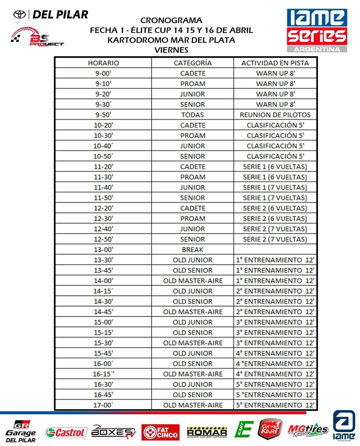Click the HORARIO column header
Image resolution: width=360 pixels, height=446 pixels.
point(103,63)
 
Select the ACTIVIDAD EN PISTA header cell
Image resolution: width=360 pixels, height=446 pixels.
point(275,63)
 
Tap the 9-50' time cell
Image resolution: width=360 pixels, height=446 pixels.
point(103,115)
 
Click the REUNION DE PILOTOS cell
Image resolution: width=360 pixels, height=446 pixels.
point(275,115)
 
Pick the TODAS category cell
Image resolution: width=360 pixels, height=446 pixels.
point(192,115)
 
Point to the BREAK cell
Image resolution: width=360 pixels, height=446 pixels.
point(192,249)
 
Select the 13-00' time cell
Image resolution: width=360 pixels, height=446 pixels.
point(103,249)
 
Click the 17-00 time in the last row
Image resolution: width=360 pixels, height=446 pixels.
point(103,405)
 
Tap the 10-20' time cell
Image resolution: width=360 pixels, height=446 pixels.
point(103,125)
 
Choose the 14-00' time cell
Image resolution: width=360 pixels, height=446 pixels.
point(103,281)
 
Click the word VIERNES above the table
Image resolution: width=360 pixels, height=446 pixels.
point(171,50)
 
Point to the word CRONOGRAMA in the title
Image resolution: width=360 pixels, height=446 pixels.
point(171,20)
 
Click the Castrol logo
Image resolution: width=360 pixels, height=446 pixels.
point(66,432)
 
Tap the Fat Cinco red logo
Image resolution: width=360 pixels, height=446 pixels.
point(160,432)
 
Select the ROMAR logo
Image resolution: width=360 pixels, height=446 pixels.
point(207,432)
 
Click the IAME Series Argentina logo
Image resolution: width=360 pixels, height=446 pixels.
point(317,31)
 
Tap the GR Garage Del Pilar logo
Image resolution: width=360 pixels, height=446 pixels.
point(21,431)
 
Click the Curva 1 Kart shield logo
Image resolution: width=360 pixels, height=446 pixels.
point(270,429)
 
